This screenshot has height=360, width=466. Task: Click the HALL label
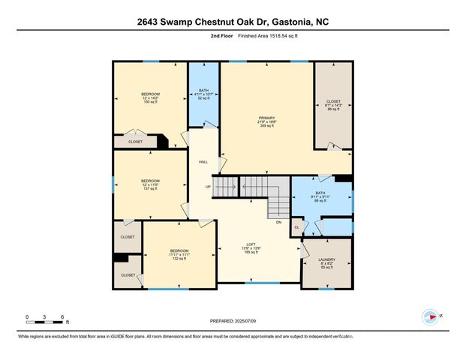(203, 162)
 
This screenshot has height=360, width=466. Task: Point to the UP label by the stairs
(208, 187)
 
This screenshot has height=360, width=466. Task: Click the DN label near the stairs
(278, 222)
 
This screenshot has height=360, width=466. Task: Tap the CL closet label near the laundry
(296, 227)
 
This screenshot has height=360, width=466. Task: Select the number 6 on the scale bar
(64, 317)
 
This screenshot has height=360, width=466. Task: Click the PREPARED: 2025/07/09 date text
(233, 322)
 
